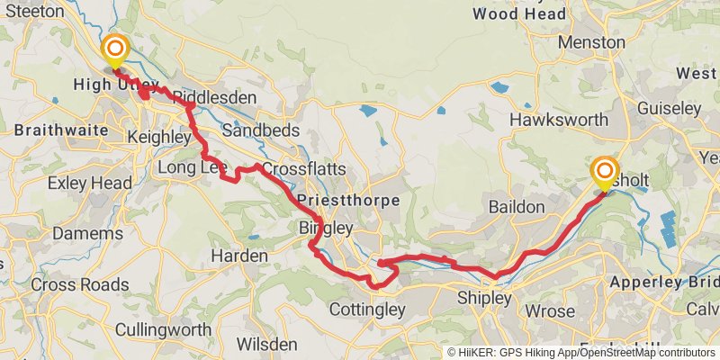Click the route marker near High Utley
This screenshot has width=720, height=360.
pyautogui.click(x=115, y=50)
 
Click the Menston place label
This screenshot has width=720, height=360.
pyautogui.click(x=589, y=42)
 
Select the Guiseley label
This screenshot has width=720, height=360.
pyautogui.click(x=668, y=108)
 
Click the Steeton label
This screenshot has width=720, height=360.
pyautogui.click(x=33, y=12)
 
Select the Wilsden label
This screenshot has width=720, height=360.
pyautogui.click(x=266, y=345)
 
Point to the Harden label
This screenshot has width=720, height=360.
pyautogui.click(x=238, y=256)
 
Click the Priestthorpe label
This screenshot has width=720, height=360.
pyautogui.click(x=347, y=200)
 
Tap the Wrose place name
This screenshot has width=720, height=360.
pyautogui.click(x=550, y=312)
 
